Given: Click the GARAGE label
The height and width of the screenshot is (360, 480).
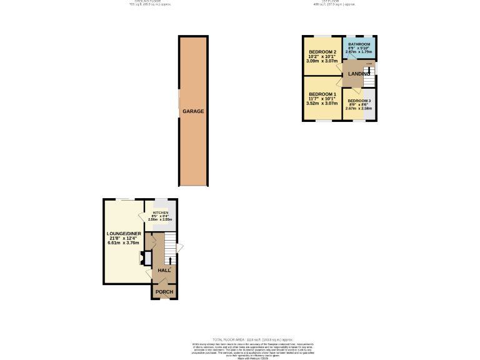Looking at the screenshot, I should pyautogui.click(x=193, y=111).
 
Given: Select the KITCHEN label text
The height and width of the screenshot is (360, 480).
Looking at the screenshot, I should pyautogui.click(x=161, y=212).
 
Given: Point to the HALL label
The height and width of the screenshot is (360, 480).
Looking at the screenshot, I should pyautogui.click(x=164, y=271).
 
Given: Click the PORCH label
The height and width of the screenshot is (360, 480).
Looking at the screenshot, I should pyautogui.click(x=164, y=292).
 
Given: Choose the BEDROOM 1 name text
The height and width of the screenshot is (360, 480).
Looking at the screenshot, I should pyautogui.click(x=322, y=94).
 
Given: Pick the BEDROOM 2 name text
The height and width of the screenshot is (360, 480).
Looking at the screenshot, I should pyautogui.click(x=322, y=52).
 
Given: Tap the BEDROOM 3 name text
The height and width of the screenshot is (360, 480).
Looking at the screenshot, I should pyautogui.click(x=359, y=101).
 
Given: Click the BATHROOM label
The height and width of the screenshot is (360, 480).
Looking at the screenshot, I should pyautogui.click(x=359, y=44).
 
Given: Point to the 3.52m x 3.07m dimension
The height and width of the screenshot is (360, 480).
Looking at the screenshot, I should pyautogui.click(x=322, y=103).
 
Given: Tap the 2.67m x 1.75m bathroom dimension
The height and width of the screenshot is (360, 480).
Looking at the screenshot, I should pyautogui.click(x=359, y=52).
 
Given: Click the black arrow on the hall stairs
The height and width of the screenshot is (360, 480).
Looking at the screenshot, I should pyautogui.click(x=170, y=259).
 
